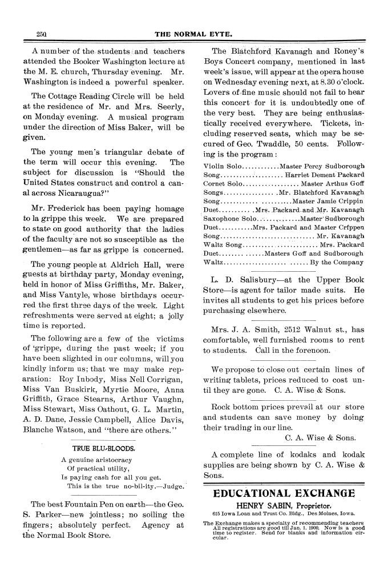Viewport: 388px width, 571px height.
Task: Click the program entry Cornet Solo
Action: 223,183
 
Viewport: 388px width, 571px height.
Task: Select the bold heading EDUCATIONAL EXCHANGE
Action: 284,493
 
